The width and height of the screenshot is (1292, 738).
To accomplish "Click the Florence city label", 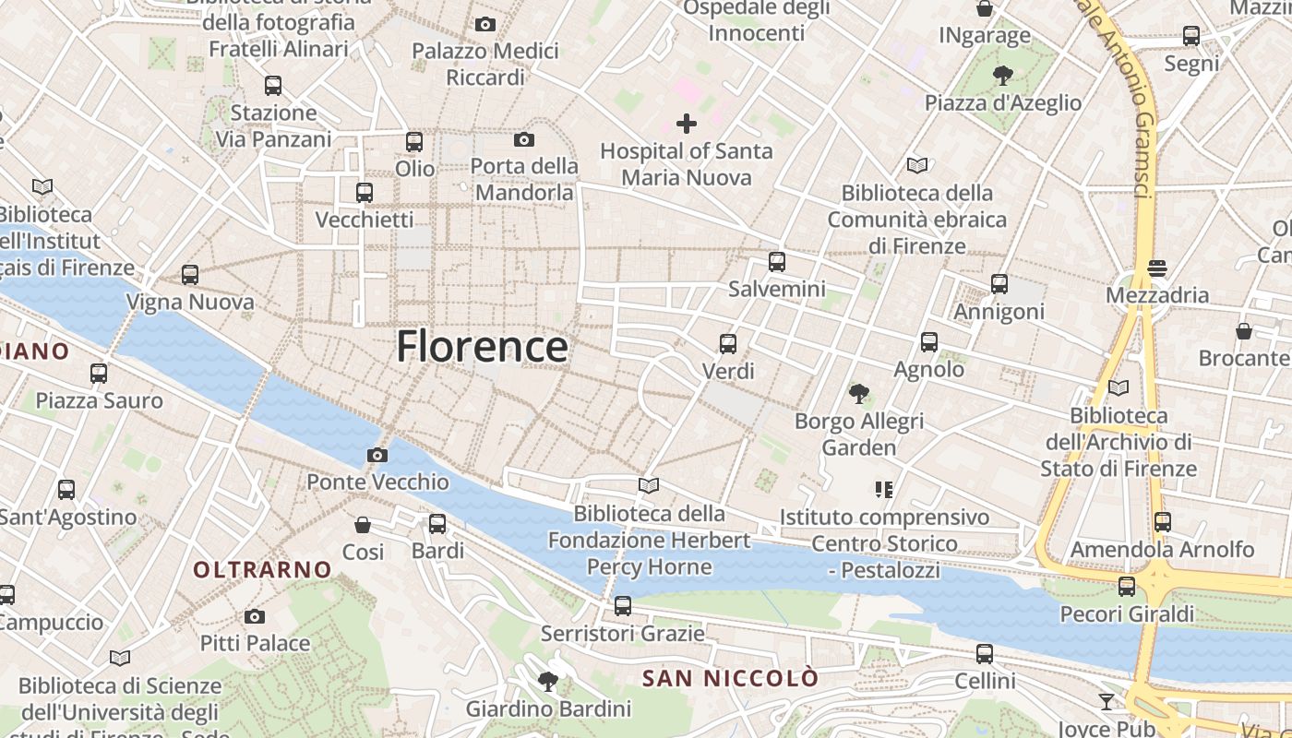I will [x=482, y=347].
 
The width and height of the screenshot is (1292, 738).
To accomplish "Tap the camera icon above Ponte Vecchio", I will [x=377, y=455].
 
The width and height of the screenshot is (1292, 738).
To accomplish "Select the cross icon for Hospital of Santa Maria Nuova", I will [x=687, y=123].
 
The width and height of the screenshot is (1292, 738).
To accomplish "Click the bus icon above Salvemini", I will [x=777, y=262].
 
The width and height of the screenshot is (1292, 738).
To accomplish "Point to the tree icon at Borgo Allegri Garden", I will [x=859, y=395].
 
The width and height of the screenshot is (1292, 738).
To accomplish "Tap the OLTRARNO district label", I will [x=262, y=570].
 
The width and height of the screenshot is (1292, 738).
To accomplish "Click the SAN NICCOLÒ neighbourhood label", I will [x=730, y=679].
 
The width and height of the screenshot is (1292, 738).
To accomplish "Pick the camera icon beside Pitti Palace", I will [x=255, y=616].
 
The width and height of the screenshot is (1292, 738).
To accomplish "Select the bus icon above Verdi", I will [x=728, y=344].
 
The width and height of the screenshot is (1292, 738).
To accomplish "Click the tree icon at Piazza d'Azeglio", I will [x=1003, y=76].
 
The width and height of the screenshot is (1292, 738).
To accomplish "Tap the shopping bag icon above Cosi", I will [x=363, y=525].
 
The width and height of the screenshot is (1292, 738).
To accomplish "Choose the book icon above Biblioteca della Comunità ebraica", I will [x=916, y=166].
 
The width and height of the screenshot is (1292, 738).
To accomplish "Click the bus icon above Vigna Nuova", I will [x=190, y=275].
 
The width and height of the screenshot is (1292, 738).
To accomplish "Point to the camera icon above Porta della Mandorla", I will [x=524, y=140].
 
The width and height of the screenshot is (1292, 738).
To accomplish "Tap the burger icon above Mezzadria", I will [x=1157, y=268].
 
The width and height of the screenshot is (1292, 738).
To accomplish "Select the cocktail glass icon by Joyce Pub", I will [x=1107, y=702].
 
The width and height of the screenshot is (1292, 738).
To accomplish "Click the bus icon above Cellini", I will [x=985, y=654].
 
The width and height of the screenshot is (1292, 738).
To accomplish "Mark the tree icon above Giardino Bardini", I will [x=548, y=682].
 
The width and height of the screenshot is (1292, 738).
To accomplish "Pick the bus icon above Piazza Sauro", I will [x=99, y=374].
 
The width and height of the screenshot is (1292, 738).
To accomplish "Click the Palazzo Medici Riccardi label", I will [x=485, y=64].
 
